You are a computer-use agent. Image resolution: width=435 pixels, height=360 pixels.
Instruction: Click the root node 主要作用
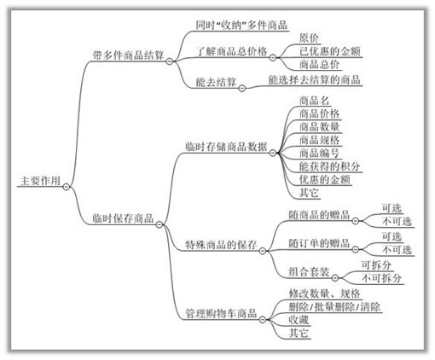click(40, 181)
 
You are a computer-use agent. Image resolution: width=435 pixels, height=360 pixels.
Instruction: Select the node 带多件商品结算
click(128, 55)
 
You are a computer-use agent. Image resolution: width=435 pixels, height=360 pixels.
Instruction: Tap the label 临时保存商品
click(123, 218)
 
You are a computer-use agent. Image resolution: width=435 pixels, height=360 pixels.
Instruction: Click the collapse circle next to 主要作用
click(67, 187)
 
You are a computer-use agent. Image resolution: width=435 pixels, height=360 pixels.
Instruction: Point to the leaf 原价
click(309, 38)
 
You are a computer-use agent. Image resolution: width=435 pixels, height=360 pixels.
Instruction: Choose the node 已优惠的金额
click(330, 51)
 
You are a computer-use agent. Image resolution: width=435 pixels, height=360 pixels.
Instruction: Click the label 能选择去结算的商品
click(314, 80)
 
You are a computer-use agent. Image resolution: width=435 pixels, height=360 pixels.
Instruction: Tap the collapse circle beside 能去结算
click(241, 88)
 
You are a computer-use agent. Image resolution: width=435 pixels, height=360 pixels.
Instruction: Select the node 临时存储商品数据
click(226, 147)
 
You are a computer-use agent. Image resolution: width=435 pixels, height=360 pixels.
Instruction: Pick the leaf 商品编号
click(319, 153)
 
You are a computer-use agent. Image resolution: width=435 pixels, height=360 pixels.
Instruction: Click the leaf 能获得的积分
click(329, 166)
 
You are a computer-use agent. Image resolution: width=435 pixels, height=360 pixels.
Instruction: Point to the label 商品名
click(314, 101)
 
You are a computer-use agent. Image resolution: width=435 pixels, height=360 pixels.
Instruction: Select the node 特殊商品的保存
click(221, 245)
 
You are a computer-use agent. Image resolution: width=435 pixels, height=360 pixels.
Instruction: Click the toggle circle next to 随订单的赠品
click(356, 249)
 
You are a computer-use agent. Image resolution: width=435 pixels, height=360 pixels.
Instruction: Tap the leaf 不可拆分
click(382, 278)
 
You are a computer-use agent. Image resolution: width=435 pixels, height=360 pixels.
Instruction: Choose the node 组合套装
click(309, 272)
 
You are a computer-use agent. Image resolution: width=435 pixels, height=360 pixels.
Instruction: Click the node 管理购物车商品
click(221, 313)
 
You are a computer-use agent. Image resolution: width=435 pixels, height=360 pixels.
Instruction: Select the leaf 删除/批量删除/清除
click(334, 307)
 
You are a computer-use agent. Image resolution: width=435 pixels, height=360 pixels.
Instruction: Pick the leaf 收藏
click(299, 320)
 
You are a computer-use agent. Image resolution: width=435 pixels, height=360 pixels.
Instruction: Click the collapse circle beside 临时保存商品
click(159, 224)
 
